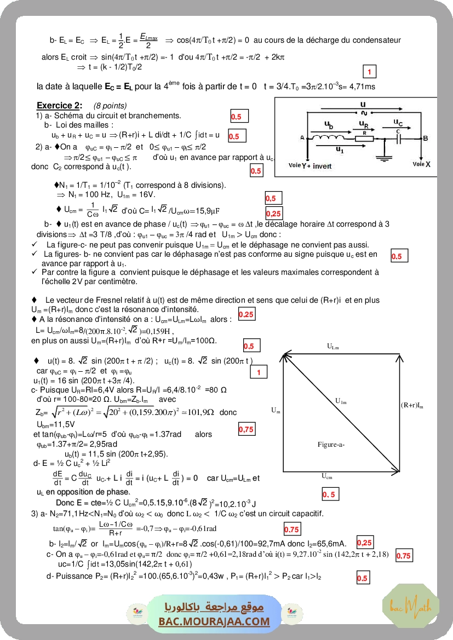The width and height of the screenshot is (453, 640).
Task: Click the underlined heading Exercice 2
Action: coord(59,106)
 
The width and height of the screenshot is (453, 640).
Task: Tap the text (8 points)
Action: coord(110,106)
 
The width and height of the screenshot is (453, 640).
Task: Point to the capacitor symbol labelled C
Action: coord(399,139)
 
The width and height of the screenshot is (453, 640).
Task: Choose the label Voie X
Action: coord(421,164)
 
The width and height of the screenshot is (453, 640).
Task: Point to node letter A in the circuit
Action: coord(302,139)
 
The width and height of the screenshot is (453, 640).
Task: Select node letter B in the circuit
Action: coord(426,139)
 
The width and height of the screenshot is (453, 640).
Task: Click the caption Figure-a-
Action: coord(331,445)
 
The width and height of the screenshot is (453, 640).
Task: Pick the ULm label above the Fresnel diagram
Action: coord(333,346)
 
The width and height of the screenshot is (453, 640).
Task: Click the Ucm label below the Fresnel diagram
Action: coord(327,476)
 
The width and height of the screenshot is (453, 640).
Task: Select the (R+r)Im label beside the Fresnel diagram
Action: coord(412,405)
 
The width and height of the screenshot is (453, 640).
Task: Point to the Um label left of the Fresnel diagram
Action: coord(275,410)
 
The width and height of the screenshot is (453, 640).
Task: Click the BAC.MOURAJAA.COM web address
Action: coord(214,621)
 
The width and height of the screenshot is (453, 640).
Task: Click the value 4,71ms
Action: coord(362,87)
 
